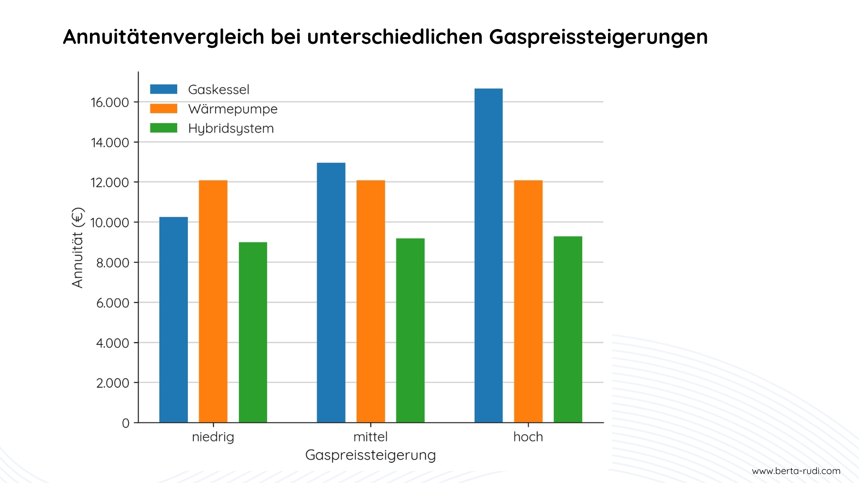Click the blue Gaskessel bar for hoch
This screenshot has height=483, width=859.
tap(488, 255)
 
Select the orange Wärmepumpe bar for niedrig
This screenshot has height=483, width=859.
tap(213, 301)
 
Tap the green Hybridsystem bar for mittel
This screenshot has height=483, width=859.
tap(410, 330)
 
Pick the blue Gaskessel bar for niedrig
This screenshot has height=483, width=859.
tap(173, 320)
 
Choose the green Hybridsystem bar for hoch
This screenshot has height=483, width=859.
tap(568, 330)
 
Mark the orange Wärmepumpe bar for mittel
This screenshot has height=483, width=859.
tap(370, 301)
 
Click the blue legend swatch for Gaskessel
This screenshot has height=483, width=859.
tap(163, 89)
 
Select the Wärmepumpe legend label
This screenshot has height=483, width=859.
tap(233, 109)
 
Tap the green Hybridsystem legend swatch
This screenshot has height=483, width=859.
tap(163, 128)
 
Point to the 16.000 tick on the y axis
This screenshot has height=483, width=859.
tap(110, 102)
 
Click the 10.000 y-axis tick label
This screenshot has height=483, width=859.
tap(110, 223)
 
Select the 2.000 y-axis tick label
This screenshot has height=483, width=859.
tap(112, 383)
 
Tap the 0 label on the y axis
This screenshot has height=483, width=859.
tap(126, 423)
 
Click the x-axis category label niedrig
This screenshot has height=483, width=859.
tap(213, 437)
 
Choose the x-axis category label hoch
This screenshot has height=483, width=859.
tap(528, 437)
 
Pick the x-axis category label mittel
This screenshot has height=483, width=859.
tap(370, 437)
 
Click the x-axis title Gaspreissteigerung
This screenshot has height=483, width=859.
tap(370, 455)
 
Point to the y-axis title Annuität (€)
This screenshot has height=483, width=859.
tap(77, 247)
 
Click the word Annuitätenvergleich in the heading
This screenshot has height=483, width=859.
tap(163, 37)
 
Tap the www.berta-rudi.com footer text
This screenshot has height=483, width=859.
tap(796, 471)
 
